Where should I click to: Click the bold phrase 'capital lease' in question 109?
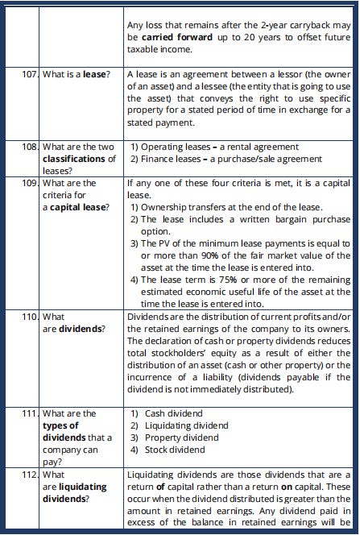(x=81, y=207)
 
